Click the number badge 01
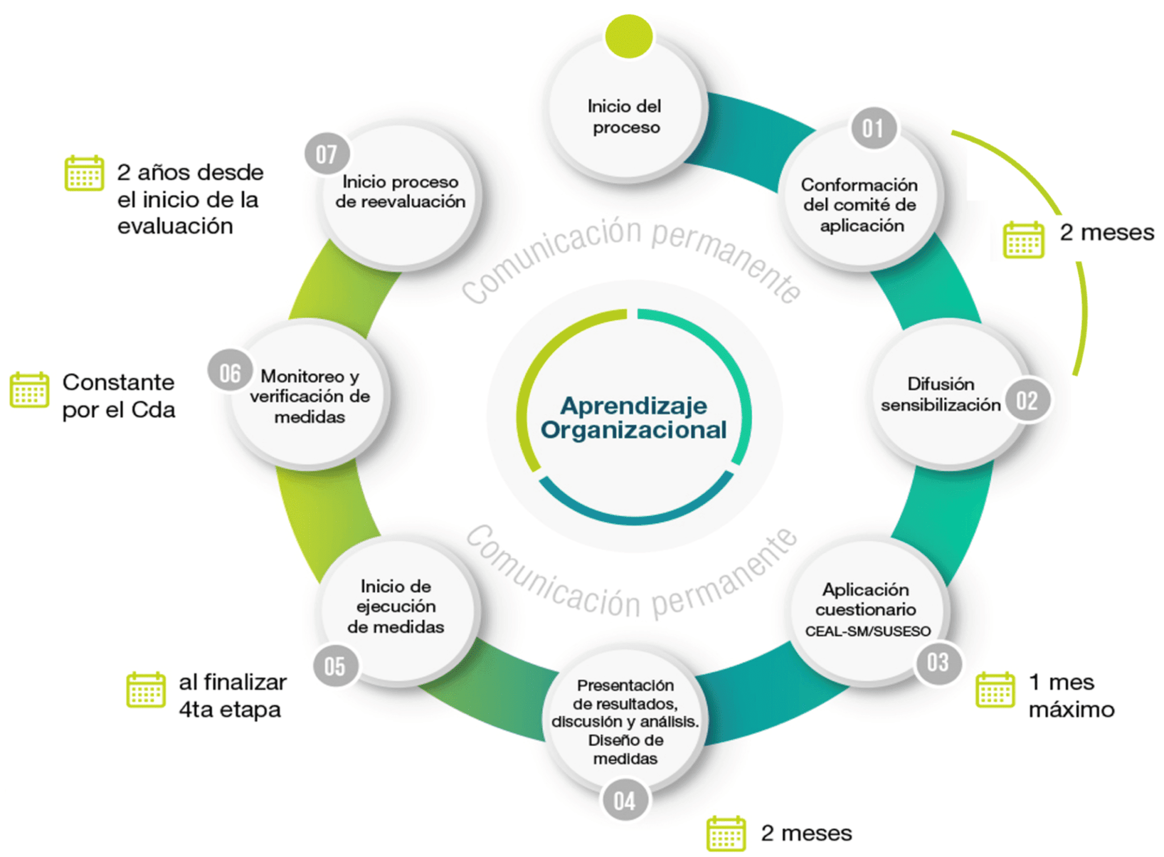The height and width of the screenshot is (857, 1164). point(873,129)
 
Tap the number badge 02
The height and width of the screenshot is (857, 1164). point(1026,400)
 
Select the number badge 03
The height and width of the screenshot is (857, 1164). point(937,663)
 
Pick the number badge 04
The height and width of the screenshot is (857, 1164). point(624,801)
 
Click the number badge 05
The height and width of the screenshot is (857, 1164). point(335,666)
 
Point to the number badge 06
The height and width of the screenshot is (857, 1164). point(230,373)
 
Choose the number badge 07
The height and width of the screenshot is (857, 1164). point(326,154)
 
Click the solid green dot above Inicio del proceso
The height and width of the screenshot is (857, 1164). point(629,36)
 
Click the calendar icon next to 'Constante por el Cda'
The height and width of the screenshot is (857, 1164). point(30,390)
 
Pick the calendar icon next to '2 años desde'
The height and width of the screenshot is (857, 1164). point(84,173)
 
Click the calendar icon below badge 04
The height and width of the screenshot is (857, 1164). point(726,834)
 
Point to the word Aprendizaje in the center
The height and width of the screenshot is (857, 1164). point(633,405)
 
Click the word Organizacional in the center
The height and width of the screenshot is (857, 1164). point(633,430)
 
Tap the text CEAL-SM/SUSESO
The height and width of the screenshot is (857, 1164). point(867,631)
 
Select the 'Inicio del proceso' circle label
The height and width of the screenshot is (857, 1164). point(625,117)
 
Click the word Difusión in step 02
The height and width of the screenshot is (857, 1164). point(941,384)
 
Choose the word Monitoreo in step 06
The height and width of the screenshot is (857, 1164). point(302,376)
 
